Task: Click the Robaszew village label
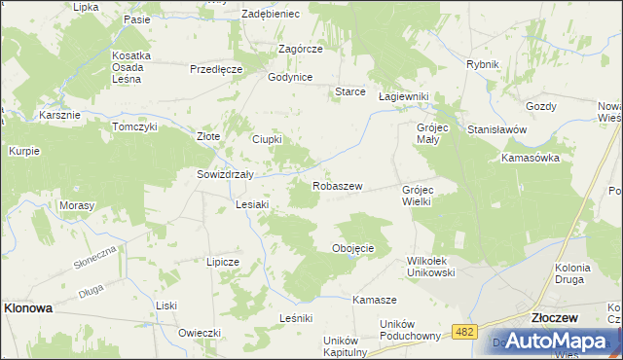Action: pos(337,185)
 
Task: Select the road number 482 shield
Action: pos(464,333)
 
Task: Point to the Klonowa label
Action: pos(28,306)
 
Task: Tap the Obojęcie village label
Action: pos(353,248)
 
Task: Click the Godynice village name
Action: pos(289,77)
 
